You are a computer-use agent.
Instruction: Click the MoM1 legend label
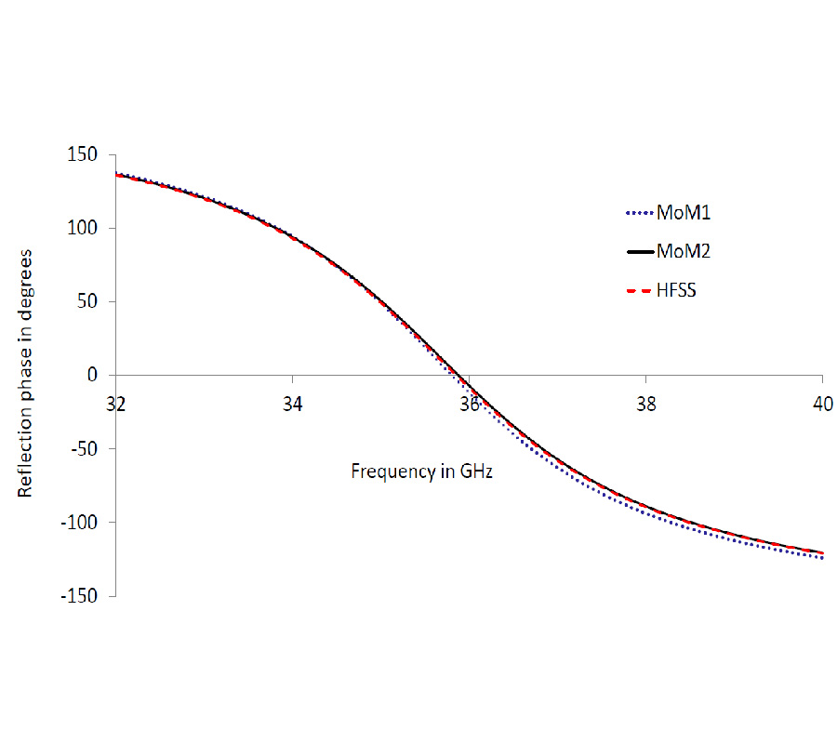pos(685,213)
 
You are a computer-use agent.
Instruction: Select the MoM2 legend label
pos(685,251)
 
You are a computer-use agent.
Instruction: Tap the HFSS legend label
pos(677,290)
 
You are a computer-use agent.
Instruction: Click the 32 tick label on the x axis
pos(115,405)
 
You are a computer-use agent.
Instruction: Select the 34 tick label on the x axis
pos(292,405)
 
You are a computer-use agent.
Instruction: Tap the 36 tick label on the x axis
pos(470,405)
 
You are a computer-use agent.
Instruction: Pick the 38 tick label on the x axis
pos(645,405)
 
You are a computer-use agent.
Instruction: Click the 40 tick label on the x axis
pos(822,405)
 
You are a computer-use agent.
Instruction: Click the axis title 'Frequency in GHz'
pos(421,471)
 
